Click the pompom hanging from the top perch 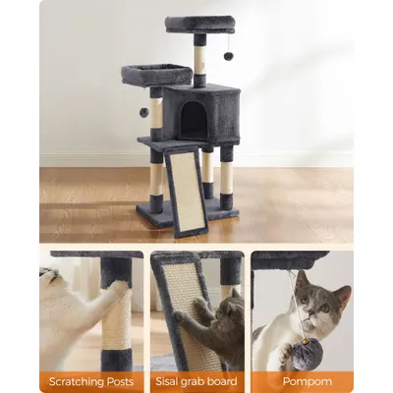(228, 56)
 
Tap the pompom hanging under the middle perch (144, 112)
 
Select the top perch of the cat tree (200, 25)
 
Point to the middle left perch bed (156, 75)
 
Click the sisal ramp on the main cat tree (186, 193)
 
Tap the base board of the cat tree (188, 214)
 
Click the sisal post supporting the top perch (199, 60)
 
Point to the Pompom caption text (308, 381)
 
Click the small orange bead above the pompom (306, 341)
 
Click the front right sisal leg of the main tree (226, 178)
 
